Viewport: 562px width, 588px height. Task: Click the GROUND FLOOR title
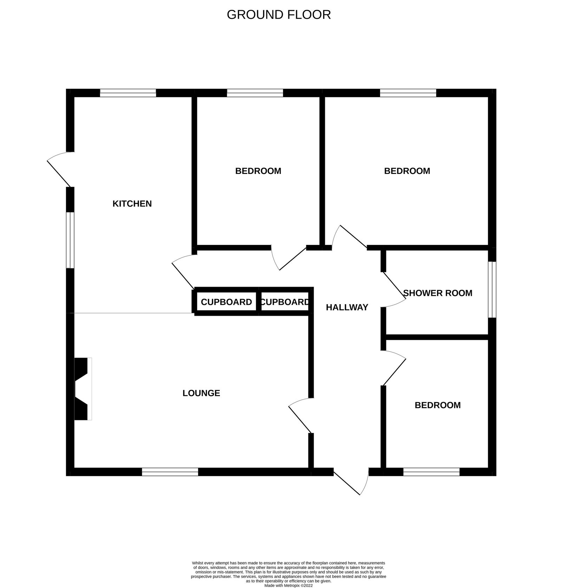click(x=279, y=15)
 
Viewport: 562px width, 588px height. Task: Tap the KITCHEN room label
click(x=132, y=203)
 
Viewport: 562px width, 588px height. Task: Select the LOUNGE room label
click(x=201, y=393)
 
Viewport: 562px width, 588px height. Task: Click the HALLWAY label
click(x=347, y=307)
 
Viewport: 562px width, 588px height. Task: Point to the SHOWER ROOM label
click(x=438, y=293)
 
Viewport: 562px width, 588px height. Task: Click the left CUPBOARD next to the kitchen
click(x=226, y=302)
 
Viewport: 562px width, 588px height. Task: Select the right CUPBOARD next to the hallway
click(x=285, y=302)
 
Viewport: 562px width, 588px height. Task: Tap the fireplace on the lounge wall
click(x=83, y=389)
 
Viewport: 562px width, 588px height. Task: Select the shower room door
click(x=393, y=289)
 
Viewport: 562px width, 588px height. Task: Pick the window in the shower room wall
click(x=492, y=289)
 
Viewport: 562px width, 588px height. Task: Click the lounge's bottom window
click(x=170, y=472)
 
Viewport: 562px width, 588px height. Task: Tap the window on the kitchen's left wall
click(x=70, y=240)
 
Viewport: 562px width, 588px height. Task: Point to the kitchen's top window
click(x=128, y=93)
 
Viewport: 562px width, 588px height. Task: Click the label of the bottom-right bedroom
click(x=437, y=405)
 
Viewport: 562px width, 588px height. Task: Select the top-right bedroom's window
click(x=408, y=93)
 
